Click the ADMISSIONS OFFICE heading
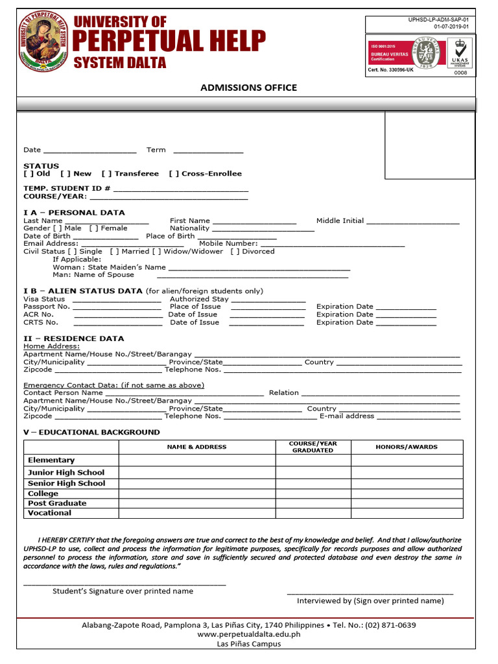pyautogui.click(x=248, y=88)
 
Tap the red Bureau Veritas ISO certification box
pyautogui.click(x=389, y=53)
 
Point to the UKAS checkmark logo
pyautogui.click(x=460, y=52)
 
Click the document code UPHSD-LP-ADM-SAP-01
pyautogui.click(x=438, y=20)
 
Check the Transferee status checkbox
pyautogui.click(x=106, y=174)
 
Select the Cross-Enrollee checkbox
pyautogui.click(x=174, y=174)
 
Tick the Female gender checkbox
pyautogui.click(x=93, y=228)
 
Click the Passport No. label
pyautogui.click(x=47, y=307)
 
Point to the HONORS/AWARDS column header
pyautogui.click(x=407, y=447)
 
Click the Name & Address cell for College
pyautogui.click(x=197, y=493)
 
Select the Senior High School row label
pyautogui.click(x=67, y=483)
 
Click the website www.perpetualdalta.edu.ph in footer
pyautogui.click(x=248, y=635)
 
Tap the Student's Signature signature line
pyautogui.click(x=124, y=584)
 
